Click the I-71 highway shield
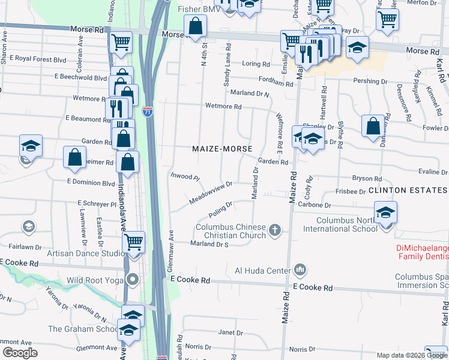148,112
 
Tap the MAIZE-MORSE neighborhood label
221,148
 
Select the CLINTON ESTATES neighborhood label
408,190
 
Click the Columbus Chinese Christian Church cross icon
275,230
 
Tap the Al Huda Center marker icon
301,271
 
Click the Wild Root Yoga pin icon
133,280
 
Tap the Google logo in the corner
20,353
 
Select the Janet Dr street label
231,332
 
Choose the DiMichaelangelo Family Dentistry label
422,252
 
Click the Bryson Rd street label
367,178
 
